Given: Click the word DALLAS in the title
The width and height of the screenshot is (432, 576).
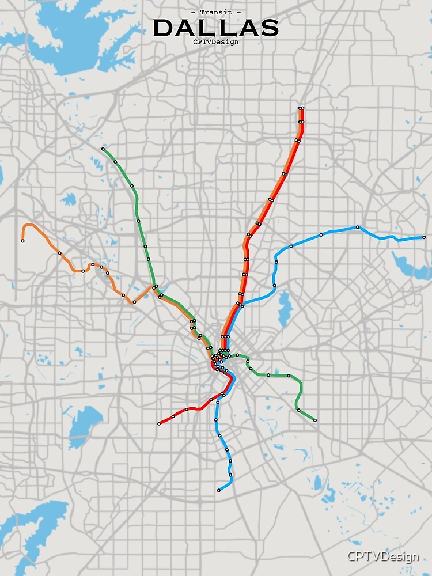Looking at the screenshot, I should point(216,28).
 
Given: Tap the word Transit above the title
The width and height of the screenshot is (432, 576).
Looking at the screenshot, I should point(216,12).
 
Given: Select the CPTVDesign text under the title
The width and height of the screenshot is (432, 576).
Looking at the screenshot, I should point(216,41).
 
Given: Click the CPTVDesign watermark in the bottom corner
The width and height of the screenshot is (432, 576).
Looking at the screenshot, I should point(382,556).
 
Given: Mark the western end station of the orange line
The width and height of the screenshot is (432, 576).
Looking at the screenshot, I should point(23,241).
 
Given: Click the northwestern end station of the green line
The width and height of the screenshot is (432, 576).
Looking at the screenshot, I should point(103,149).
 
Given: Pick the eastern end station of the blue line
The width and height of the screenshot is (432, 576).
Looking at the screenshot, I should point(424,237).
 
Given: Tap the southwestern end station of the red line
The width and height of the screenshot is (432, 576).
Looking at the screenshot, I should point(159,424).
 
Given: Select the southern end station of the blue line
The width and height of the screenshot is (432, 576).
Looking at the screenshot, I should point(219,491).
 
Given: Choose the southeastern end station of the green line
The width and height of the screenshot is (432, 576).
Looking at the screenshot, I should point(315,420).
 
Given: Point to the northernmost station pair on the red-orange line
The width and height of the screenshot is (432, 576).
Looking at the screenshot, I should point(301,108).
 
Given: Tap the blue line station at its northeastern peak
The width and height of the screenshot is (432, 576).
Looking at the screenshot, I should point(358,228).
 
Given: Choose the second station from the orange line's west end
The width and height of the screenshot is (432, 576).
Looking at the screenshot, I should point(59,253).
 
